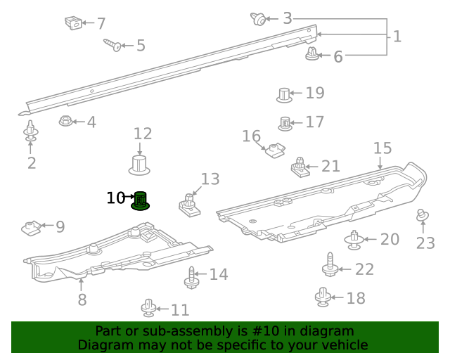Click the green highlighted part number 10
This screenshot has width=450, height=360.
(x=140, y=201)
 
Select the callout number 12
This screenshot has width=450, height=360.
(x=143, y=134)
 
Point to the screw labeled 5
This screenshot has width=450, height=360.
(x=112, y=45)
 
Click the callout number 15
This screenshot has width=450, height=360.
(x=382, y=148)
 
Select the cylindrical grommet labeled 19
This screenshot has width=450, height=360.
(x=283, y=94)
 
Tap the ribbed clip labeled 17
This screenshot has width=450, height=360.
(x=285, y=123)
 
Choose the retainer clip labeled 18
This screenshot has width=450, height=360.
(x=323, y=297)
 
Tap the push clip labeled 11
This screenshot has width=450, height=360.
(x=148, y=307)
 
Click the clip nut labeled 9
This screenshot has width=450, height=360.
(x=31, y=227)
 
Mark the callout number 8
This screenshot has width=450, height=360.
(x=82, y=300)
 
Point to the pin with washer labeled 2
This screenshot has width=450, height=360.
(x=31, y=133)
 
